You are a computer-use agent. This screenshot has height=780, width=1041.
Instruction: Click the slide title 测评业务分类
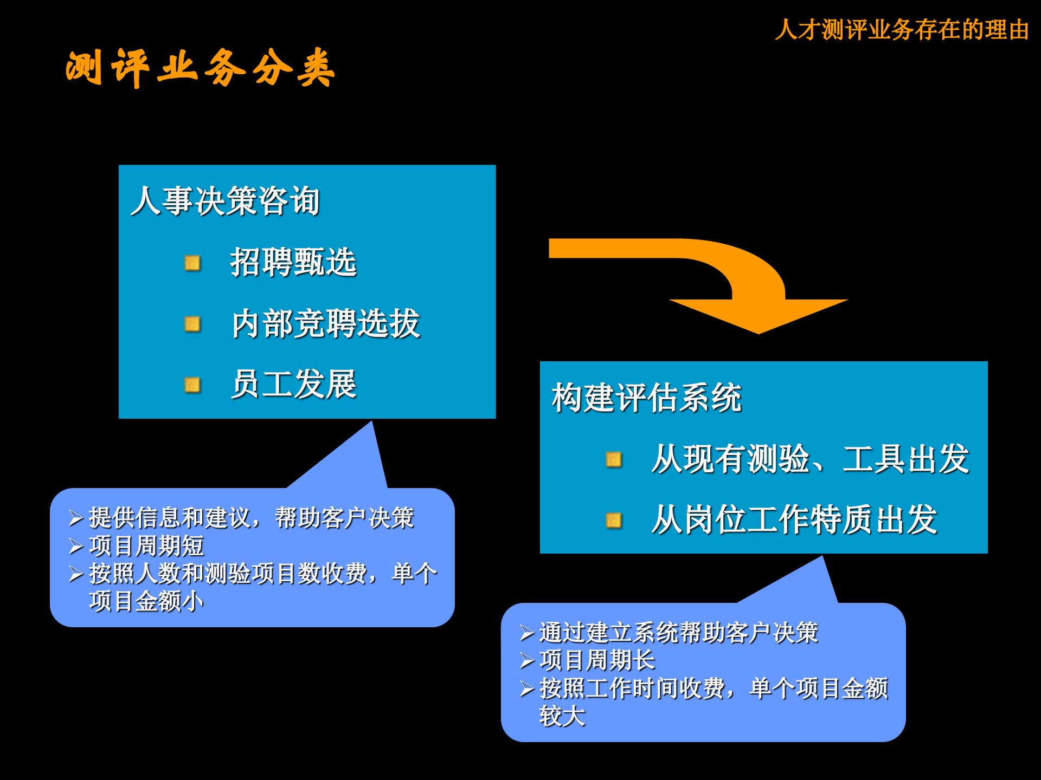click(200, 68)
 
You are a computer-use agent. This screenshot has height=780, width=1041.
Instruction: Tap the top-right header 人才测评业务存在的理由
click(902, 30)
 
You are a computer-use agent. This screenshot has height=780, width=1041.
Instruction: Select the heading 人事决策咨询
click(226, 201)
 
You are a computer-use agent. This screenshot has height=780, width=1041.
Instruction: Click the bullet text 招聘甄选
click(293, 263)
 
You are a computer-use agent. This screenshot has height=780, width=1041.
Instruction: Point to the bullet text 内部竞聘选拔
click(326, 324)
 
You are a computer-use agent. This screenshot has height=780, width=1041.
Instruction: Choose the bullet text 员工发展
click(293, 385)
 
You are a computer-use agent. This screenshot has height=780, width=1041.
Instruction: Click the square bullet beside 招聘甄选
click(192, 263)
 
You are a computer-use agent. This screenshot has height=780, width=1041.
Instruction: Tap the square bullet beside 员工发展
click(192, 385)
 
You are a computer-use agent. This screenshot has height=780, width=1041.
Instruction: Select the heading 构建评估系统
click(646, 398)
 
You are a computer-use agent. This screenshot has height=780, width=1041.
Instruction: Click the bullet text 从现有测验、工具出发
click(810, 459)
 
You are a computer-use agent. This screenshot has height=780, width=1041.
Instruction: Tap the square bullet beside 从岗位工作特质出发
click(613, 521)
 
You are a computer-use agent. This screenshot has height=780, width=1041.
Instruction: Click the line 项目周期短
click(146, 546)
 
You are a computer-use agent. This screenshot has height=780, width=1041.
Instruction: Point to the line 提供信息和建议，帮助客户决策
click(251, 518)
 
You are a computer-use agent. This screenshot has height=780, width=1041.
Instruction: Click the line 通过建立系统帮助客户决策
click(678, 633)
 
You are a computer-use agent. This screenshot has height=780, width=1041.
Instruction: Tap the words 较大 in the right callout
click(562, 716)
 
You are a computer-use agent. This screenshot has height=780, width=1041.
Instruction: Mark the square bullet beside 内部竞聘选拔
click(192, 324)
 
